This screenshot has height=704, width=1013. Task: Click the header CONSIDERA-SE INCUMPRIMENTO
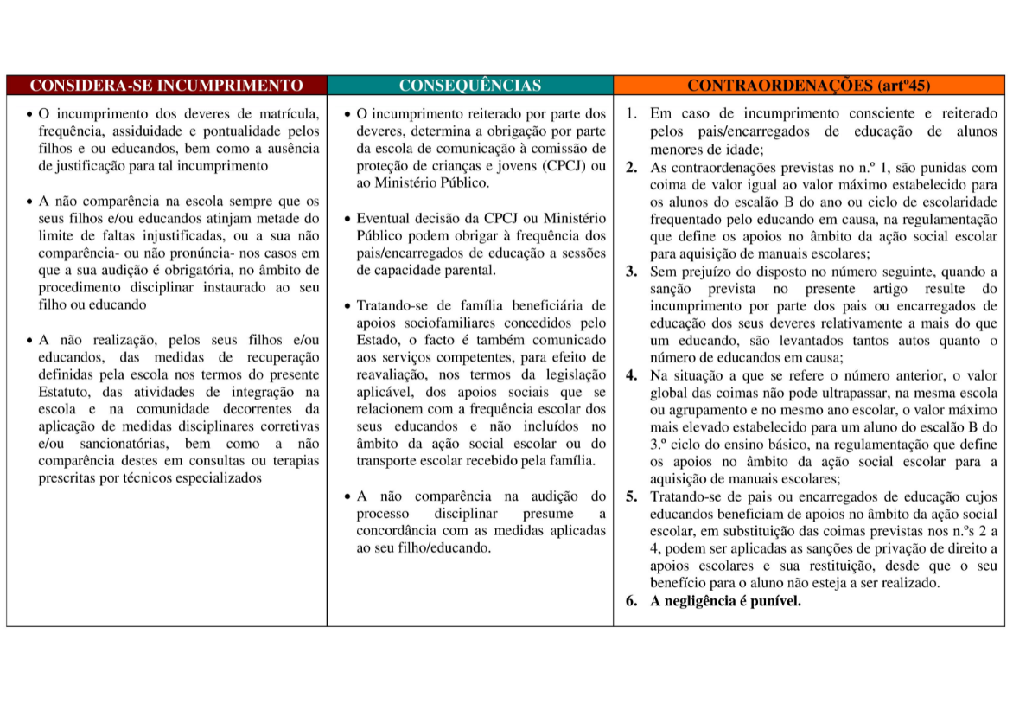[167, 86]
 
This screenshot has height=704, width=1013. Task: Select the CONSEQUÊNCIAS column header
[470, 86]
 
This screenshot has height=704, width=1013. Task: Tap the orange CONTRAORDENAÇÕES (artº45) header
[809, 86]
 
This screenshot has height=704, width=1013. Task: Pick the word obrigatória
[197, 270]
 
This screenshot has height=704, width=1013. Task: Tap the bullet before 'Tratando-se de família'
[347, 306]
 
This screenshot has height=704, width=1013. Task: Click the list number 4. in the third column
[633, 375]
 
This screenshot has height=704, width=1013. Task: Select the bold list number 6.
[633, 601]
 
